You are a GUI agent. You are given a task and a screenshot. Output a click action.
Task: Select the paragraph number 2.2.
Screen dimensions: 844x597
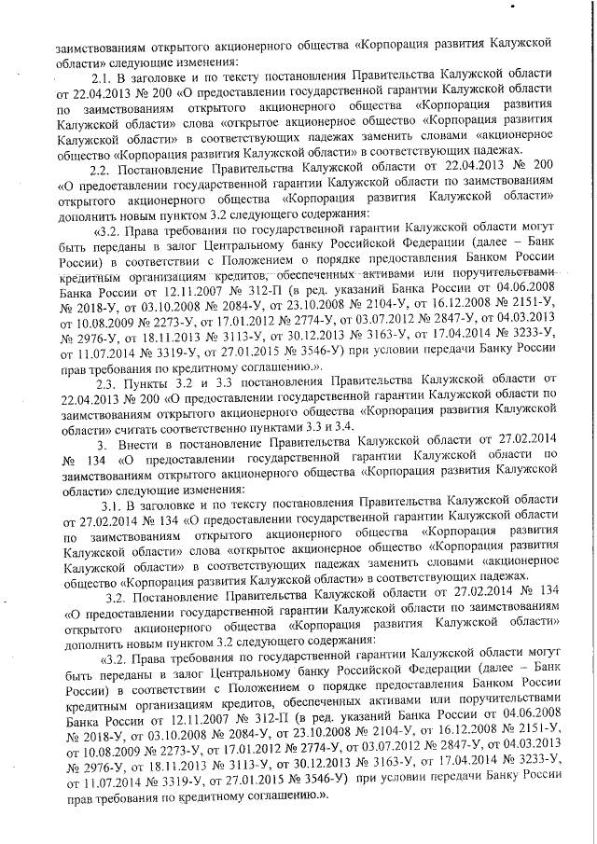tap(102, 166)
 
